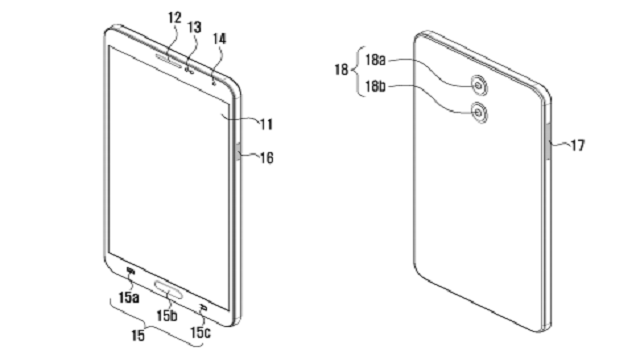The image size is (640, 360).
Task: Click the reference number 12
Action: pyautogui.click(x=174, y=18)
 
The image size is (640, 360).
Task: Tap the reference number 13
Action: pyautogui.click(x=194, y=27)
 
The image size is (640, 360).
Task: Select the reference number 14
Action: pyautogui.click(x=219, y=39)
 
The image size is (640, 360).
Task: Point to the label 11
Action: pyautogui.click(x=267, y=124)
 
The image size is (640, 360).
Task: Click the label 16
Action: pyautogui.click(x=267, y=158)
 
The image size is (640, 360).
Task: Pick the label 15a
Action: pyautogui.click(x=129, y=298)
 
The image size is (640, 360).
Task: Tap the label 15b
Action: pyautogui.click(x=167, y=315)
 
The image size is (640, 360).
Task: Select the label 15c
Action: pyautogui.click(x=200, y=333)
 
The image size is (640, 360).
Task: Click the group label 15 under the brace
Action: pyautogui.click(x=138, y=336)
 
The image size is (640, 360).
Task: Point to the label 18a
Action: pyautogui.click(x=375, y=60)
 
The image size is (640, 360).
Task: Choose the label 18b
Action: pyautogui.click(x=375, y=87)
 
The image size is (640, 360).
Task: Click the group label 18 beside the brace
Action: pyautogui.click(x=341, y=69)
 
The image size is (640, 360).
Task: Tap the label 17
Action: pyautogui.click(x=578, y=145)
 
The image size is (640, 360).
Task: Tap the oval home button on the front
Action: pyautogui.click(x=168, y=288)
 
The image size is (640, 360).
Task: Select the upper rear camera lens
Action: pyautogui.click(x=479, y=85)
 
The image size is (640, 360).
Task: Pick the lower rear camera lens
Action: pyautogui.click(x=479, y=111)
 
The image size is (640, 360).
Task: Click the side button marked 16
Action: pyautogui.click(x=238, y=152)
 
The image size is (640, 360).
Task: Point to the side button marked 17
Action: pyautogui.click(x=548, y=142)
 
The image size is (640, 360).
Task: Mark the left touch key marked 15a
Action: pyautogui.click(x=130, y=270)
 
